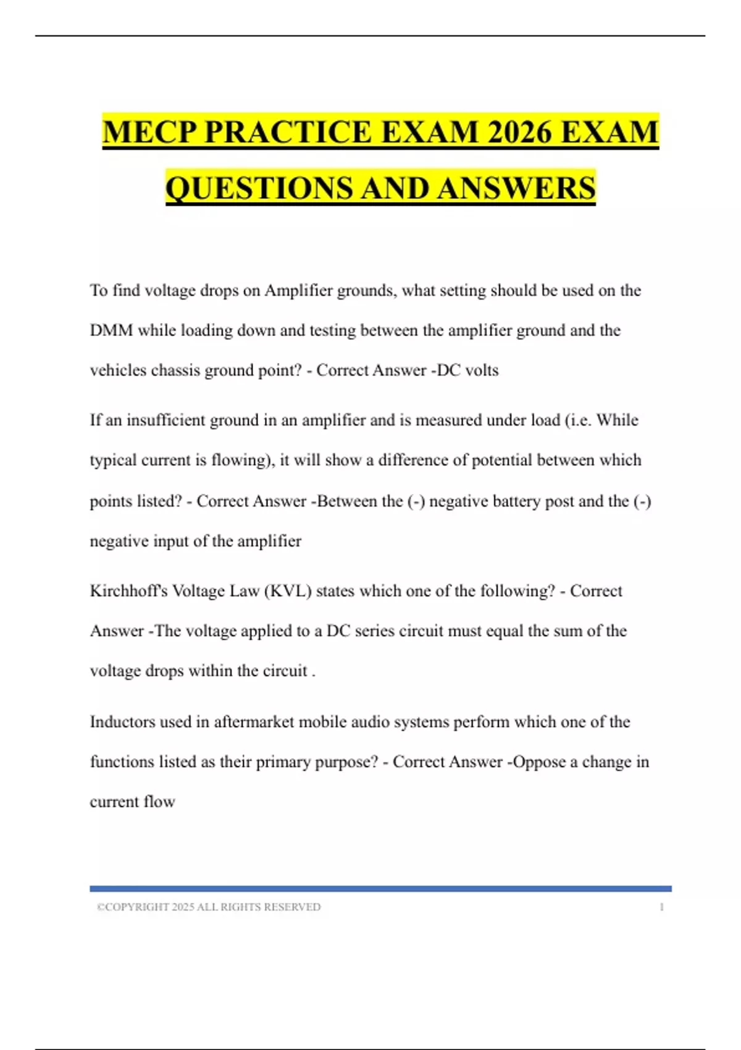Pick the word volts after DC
coord(482,371)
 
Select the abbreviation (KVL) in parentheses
coord(288,591)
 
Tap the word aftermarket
coord(254,722)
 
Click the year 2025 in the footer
coord(183,907)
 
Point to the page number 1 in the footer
coord(661,907)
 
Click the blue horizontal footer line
coord(380,889)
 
